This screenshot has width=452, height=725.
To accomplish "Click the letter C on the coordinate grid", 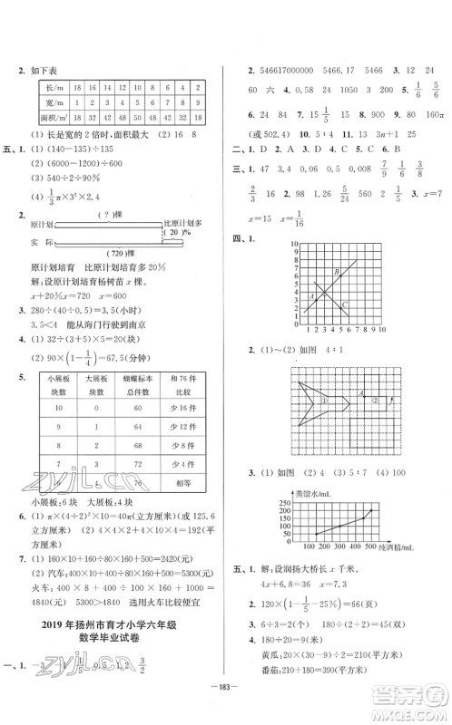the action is pos(344,304).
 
